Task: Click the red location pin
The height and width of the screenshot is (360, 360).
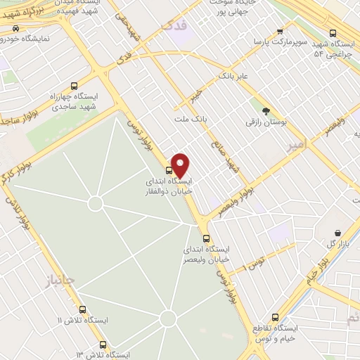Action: [181, 165]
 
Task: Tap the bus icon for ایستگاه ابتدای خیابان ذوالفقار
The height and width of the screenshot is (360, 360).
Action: [169, 170]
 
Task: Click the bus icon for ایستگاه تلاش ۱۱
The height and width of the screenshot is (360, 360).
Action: [83, 310]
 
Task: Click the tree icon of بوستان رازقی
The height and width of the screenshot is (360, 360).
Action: [265, 111]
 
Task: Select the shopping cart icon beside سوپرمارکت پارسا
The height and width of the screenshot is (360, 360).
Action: [280, 32]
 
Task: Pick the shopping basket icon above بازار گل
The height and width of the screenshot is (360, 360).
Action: [338, 233]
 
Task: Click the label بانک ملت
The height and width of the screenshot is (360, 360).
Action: [191, 120]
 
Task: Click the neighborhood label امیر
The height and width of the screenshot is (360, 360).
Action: [297, 145]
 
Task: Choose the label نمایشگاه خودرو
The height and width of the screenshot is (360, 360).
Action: [42, 38]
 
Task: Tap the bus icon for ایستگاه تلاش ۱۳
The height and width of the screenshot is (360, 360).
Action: [103, 345]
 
